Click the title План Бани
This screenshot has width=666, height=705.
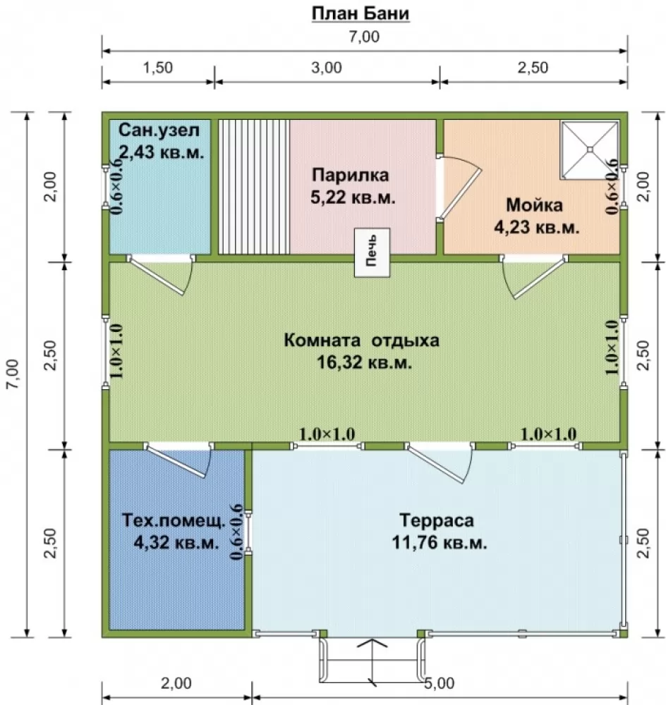click(x=361, y=13)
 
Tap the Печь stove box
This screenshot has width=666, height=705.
click(x=372, y=252)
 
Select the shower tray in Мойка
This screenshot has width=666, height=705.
click(x=590, y=149)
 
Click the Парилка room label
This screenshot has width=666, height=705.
click(x=351, y=174)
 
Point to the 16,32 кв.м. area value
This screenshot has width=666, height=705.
click(x=365, y=362)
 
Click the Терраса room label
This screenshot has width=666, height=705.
click(x=437, y=520)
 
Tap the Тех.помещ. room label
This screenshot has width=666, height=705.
click(x=174, y=521)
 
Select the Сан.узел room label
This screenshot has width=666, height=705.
click(x=159, y=130)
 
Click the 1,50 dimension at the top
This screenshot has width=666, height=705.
click(x=157, y=68)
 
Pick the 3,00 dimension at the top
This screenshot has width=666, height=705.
click(x=327, y=68)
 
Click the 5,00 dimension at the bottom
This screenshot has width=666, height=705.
click(x=440, y=683)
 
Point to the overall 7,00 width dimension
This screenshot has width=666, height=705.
click(x=364, y=37)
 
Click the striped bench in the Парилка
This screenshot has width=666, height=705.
click(x=254, y=187)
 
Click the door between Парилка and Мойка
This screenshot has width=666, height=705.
click(x=459, y=188)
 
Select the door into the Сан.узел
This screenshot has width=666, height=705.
click(x=161, y=275)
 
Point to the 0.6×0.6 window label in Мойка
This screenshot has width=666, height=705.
click(x=612, y=187)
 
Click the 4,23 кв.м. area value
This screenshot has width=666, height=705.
click(x=536, y=228)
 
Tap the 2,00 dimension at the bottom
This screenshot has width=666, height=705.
click(x=176, y=683)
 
